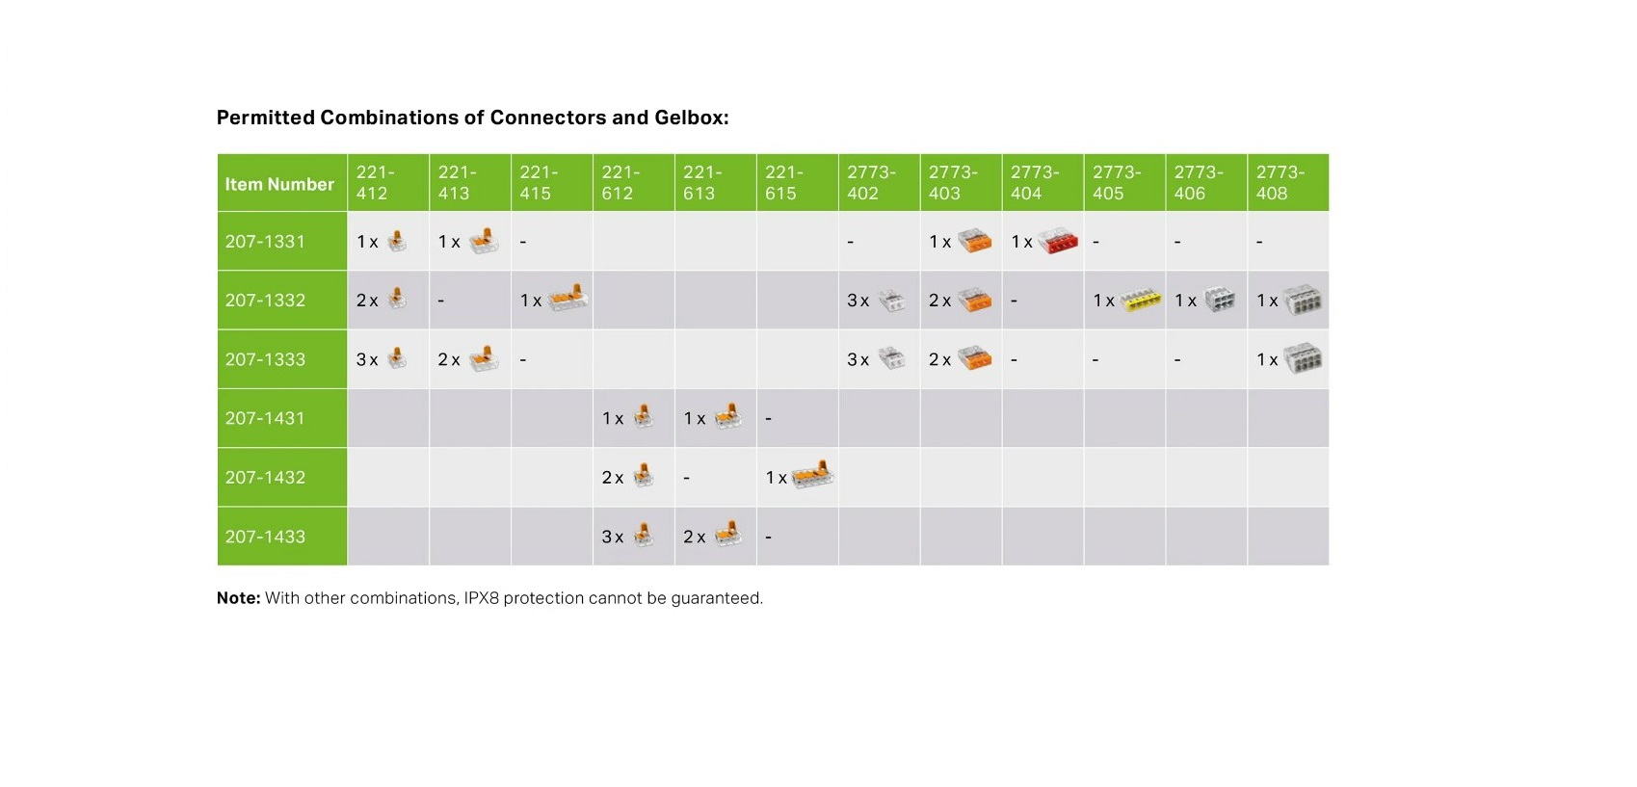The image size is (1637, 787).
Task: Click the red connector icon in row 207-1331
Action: (x=1057, y=241)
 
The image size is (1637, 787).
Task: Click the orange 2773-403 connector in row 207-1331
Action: (x=974, y=241)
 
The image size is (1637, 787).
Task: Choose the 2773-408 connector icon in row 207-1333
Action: (x=1303, y=358)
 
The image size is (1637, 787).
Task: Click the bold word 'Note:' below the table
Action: (x=238, y=598)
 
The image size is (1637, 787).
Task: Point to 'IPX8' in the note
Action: (x=481, y=598)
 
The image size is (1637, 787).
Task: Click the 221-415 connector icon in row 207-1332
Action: (x=568, y=299)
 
